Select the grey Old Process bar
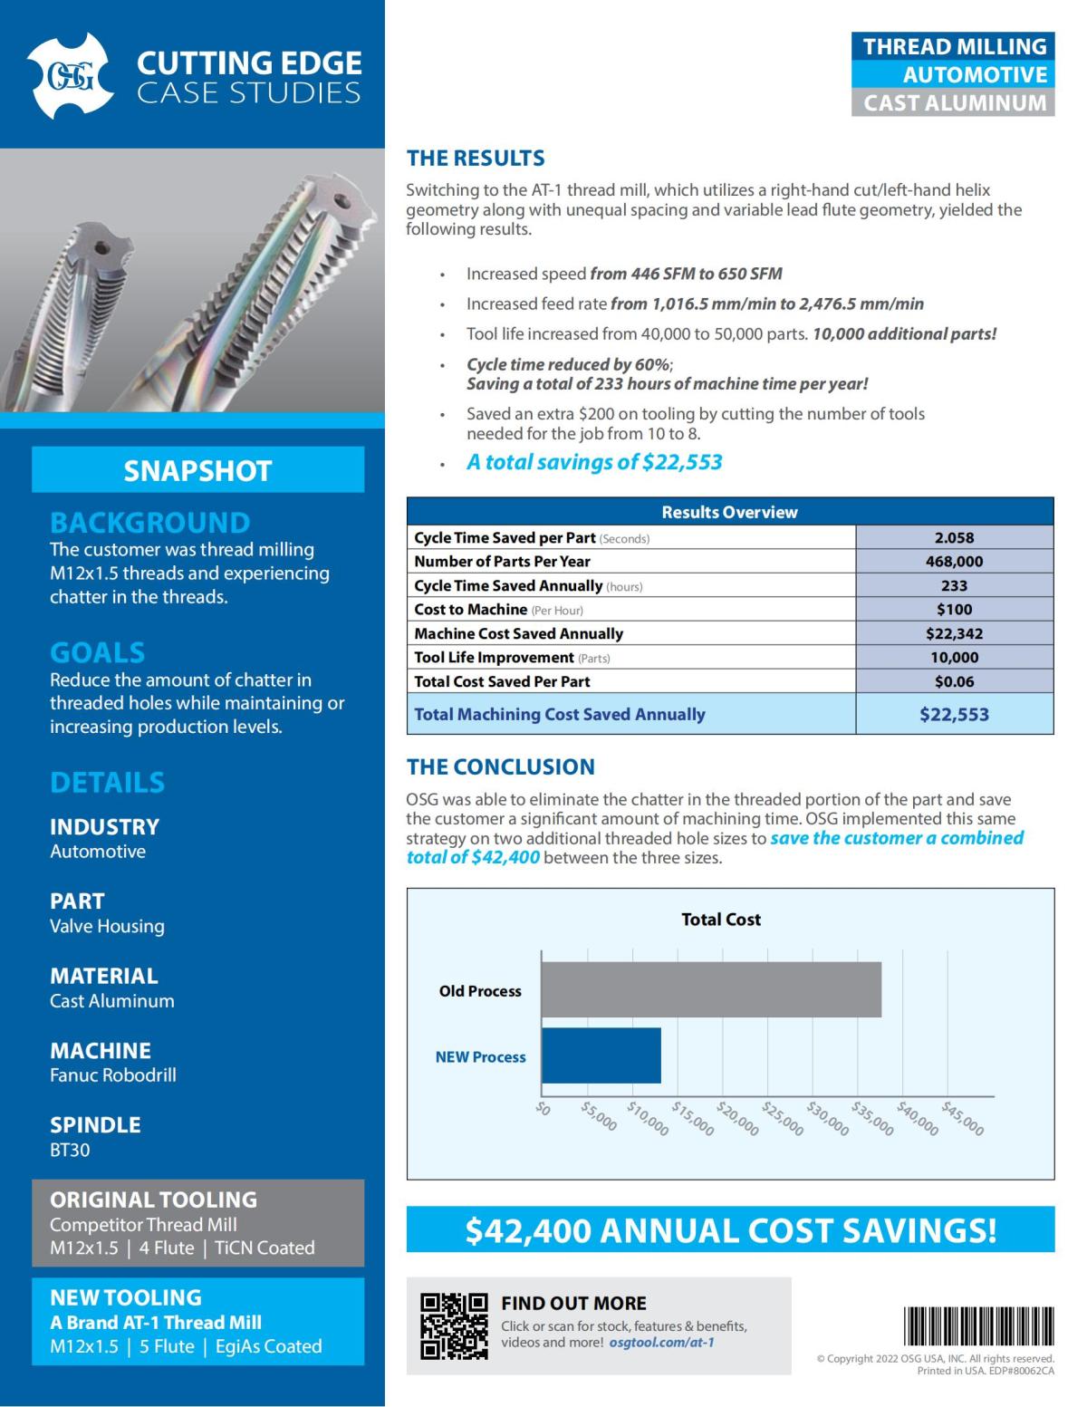coord(711,989)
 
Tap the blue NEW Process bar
coord(601,1055)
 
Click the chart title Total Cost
coord(720,920)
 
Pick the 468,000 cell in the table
coord(954,562)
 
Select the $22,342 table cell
coord(954,633)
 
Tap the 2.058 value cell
coord(954,537)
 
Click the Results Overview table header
coord(729,512)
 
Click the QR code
coord(454,1325)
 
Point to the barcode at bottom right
coord(979,1326)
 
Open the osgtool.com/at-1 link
coord(661,1343)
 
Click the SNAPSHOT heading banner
coord(197,470)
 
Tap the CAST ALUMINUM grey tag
coord(954,103)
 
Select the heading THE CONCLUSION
coord(500,767)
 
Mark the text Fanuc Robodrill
coord(113,1075)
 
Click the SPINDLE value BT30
coord(70,1151)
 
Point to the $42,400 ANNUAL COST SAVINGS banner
coord(730,1230)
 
